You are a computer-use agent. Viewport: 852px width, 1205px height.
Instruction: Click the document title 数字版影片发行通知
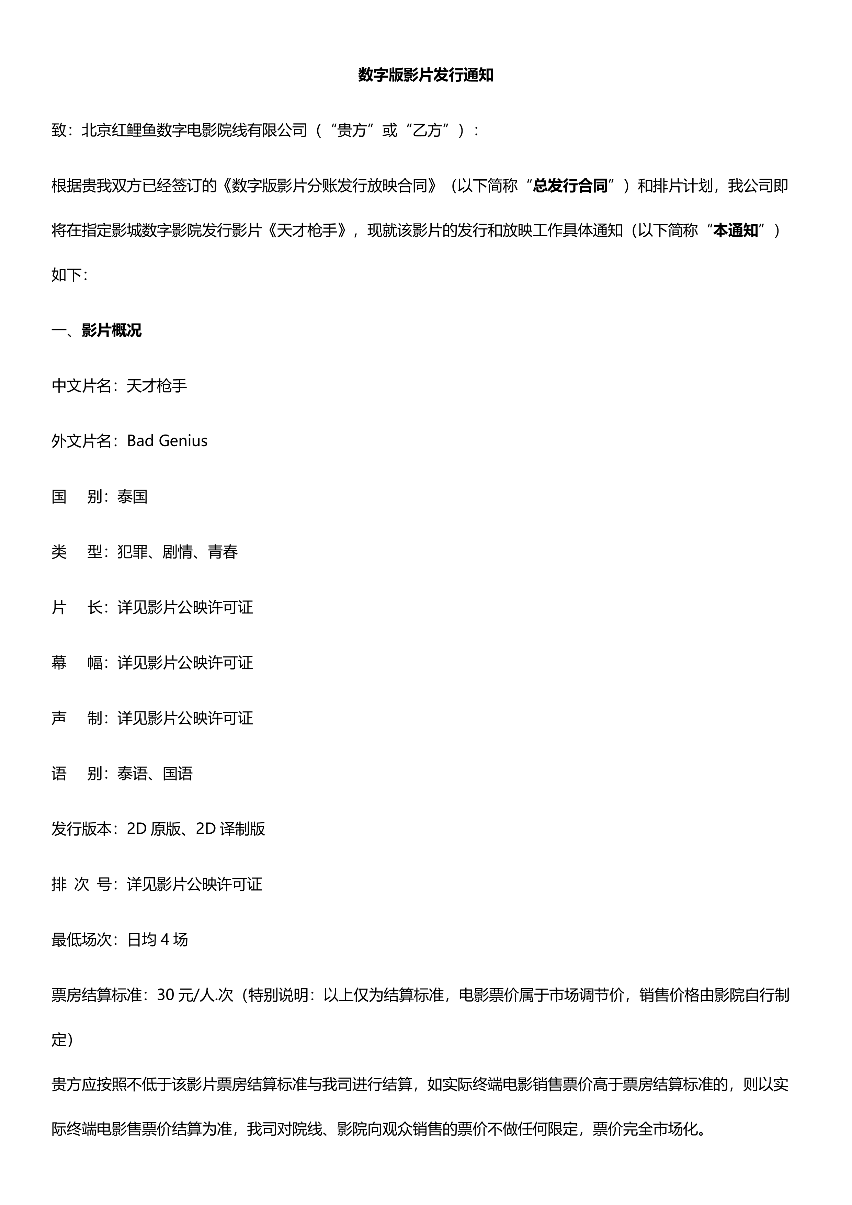425,75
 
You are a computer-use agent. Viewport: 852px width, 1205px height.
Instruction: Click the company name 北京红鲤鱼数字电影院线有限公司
194,130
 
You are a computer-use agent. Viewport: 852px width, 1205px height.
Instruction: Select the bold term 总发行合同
570,186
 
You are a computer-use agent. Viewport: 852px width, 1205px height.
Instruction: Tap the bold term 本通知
736,230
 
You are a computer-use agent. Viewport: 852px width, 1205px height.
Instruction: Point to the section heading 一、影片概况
96,331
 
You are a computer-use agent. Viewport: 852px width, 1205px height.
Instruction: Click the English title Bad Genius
167,441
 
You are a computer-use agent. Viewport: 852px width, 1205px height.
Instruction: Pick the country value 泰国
133,496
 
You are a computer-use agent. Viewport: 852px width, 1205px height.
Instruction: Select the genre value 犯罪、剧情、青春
178,552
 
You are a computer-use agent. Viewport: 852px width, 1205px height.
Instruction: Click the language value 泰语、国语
155,774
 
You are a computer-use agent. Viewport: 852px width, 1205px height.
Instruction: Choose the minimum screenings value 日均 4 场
157,939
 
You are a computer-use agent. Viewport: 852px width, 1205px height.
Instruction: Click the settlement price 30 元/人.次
195,995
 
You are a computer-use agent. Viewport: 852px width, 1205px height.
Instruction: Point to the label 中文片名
81,386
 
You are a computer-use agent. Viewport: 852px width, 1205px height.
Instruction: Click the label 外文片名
81,441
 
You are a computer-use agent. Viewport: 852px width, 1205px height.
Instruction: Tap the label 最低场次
81,939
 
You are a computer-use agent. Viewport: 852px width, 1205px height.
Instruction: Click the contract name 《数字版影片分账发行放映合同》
329,186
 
